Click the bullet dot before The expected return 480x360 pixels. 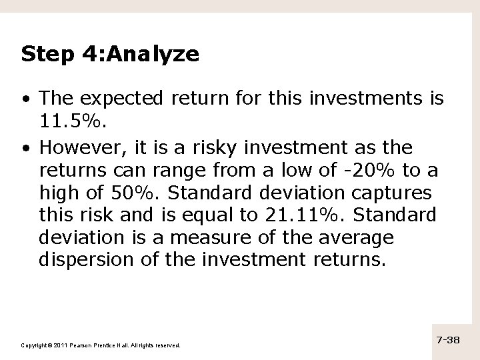pyautogui.click(x=25, y=100)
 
